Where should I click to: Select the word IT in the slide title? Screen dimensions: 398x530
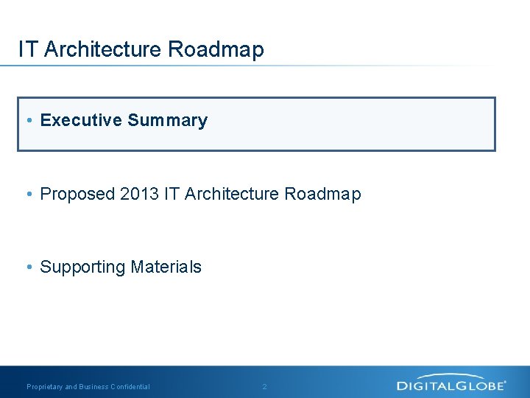click(28, 49)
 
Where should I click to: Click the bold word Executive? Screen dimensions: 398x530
click(81, 120)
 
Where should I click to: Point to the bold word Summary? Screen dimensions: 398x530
click(167, 121)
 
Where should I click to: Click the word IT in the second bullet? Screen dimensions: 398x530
click(172, 194)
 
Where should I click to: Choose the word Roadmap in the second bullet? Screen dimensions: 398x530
click(322, 195)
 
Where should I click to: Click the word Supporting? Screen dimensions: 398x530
click(82, 268)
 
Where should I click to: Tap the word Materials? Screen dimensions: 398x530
click(166, 267)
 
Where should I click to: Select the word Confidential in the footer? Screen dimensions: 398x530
click(130, 387)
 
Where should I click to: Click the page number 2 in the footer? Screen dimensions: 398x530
click(265, 387)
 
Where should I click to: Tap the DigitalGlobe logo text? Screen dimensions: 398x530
click(451, 385)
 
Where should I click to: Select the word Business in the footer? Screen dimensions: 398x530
click(93, 387)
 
